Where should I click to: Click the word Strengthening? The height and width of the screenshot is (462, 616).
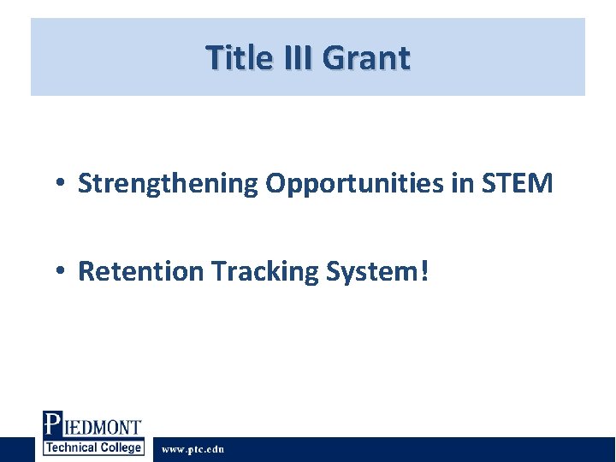pyautogui.click(x=169, y=183)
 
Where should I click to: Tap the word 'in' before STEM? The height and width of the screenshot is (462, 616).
pyautogui.click(x=460, y=182)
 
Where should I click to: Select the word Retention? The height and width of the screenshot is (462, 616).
pyautogui.click(x=141, y=271)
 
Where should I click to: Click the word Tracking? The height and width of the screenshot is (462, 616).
pyautogui.click(x=264, y=271)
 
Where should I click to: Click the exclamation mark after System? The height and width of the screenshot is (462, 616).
pyautogui.click(x=425, y=271)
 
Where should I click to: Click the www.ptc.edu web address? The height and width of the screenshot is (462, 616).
pyautogui.click(x=193, y=449)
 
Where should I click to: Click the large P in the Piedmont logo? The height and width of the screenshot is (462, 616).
pyautogui.click(x=52, y=425)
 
